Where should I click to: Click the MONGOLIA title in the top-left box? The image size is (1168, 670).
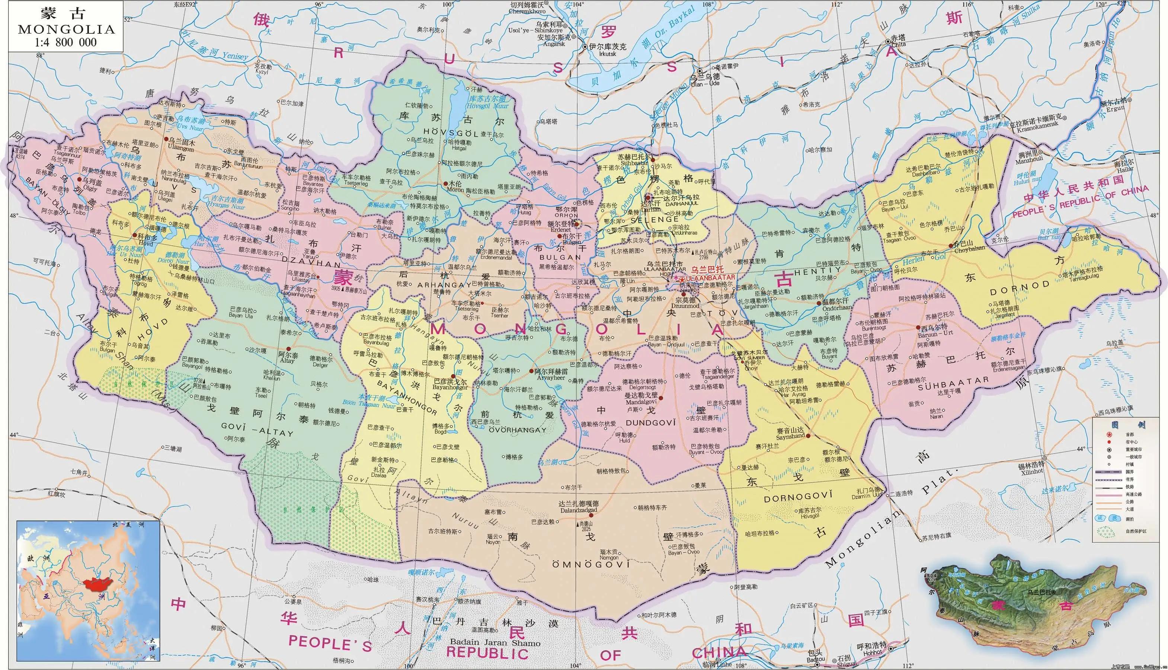click(x=66, y=29)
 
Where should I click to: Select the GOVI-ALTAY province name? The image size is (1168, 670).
click(x=257, y=429)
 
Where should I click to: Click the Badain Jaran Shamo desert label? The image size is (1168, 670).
click(x=495, y=642)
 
